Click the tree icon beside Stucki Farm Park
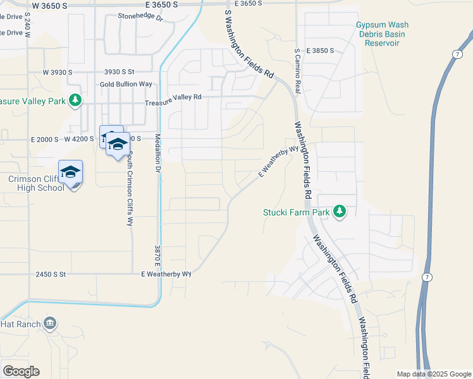(x=340, y=212)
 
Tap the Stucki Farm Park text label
(x=296, y=213)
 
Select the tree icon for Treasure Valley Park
(x=75, y=100)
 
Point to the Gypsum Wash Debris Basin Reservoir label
(x=382, y=34)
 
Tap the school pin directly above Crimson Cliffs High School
(x=71, y=172)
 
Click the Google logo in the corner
(x=21, y=371)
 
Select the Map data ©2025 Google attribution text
(x=433, y=374)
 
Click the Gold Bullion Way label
(x=126, y=84)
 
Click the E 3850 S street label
(x=321, y=50)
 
